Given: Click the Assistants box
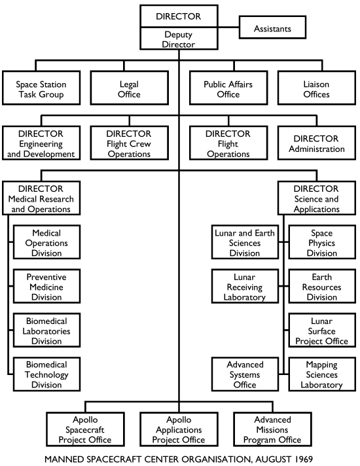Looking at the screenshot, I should [x=272, y=28].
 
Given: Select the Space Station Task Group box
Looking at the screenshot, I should [x=41, y=90].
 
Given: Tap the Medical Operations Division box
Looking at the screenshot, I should [x=48, y=242].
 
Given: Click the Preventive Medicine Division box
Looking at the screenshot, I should [x=48, y=286].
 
